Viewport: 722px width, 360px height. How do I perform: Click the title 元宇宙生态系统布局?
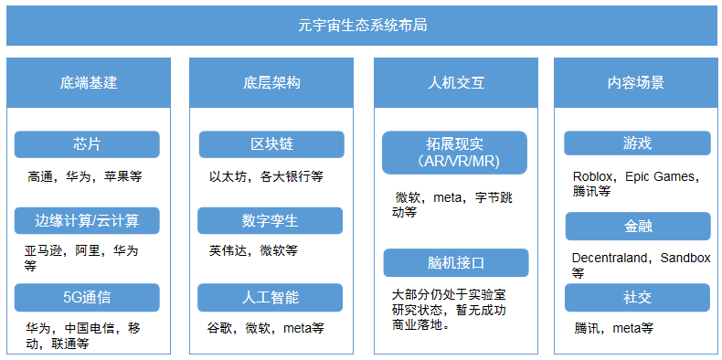[x=362, y=25]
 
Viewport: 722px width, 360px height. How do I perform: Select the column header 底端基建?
[x=89, y=82]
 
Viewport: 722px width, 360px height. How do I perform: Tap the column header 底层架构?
[x=271, y=82]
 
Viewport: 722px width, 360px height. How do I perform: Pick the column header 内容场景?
[x=635, y=82]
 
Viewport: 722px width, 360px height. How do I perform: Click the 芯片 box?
[x=87, y=144]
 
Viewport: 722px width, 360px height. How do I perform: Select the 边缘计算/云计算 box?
[x=87, y=220]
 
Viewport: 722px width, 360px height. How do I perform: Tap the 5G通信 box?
[x=87, y=297]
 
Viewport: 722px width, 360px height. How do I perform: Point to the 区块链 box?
[x=271, y=144]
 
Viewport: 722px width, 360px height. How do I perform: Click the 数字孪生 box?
[x=271, y=220]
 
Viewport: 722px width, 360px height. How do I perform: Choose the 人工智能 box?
[x=271, y=297]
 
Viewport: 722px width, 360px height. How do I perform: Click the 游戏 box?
[x=637, y=143]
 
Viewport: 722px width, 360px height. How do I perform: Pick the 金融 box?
[x=637, y=226]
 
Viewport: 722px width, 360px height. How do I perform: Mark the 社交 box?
[x=637, y=298]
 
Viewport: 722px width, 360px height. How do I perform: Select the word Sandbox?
[x=685, y=258]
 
